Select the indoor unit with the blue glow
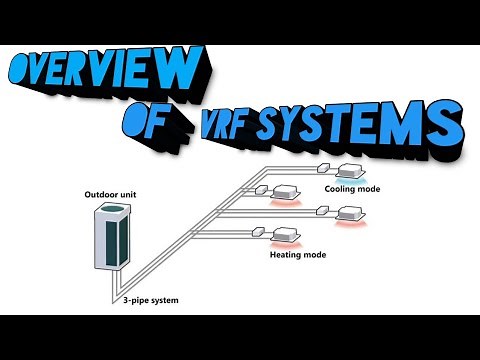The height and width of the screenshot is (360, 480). point(352,169)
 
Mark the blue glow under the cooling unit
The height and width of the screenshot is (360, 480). point(352,177)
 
